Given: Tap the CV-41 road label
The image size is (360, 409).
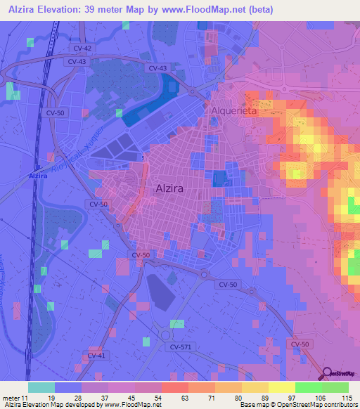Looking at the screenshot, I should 96,356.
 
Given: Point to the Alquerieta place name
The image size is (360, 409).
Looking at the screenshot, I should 233,112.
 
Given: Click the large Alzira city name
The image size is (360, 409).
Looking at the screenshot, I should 171,188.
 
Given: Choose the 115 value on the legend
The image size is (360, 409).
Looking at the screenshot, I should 345,398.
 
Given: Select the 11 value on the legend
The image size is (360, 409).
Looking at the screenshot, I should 28,398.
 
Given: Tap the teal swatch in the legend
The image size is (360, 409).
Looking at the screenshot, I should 41,387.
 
